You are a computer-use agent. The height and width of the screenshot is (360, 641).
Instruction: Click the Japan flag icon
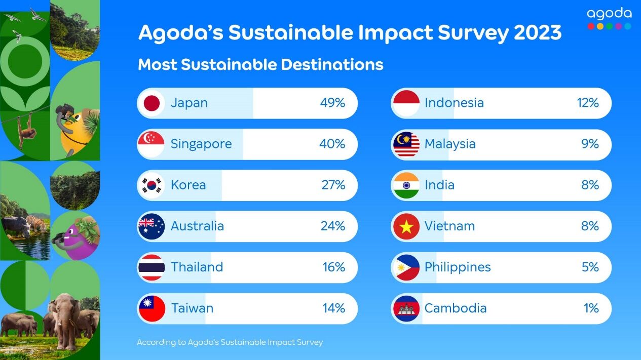152,103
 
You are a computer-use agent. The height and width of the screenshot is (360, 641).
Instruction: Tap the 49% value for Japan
332,103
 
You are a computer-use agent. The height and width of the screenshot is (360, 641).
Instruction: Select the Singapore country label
201,144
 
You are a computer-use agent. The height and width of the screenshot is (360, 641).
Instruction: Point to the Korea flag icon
152,185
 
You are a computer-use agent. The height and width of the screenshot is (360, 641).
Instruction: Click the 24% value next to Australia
332,226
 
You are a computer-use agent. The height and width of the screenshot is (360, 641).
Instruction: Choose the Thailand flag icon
152,267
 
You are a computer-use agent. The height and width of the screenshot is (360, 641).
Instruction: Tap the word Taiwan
192,308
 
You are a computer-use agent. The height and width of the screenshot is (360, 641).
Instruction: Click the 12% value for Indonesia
587,103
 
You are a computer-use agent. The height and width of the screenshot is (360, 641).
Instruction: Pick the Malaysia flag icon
406,144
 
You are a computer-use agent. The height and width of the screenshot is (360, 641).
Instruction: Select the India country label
439,185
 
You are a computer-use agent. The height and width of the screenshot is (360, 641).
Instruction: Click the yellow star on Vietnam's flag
406,227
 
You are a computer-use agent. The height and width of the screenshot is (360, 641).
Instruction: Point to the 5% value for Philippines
590,267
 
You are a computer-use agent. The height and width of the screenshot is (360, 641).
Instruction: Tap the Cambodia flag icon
406,308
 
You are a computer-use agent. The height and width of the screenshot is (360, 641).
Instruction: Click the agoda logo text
609,14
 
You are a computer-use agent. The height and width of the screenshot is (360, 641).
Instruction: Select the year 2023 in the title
538,33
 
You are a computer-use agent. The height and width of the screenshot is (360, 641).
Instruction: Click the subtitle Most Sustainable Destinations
260,65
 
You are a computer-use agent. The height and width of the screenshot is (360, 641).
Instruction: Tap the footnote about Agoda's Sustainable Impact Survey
230,342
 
